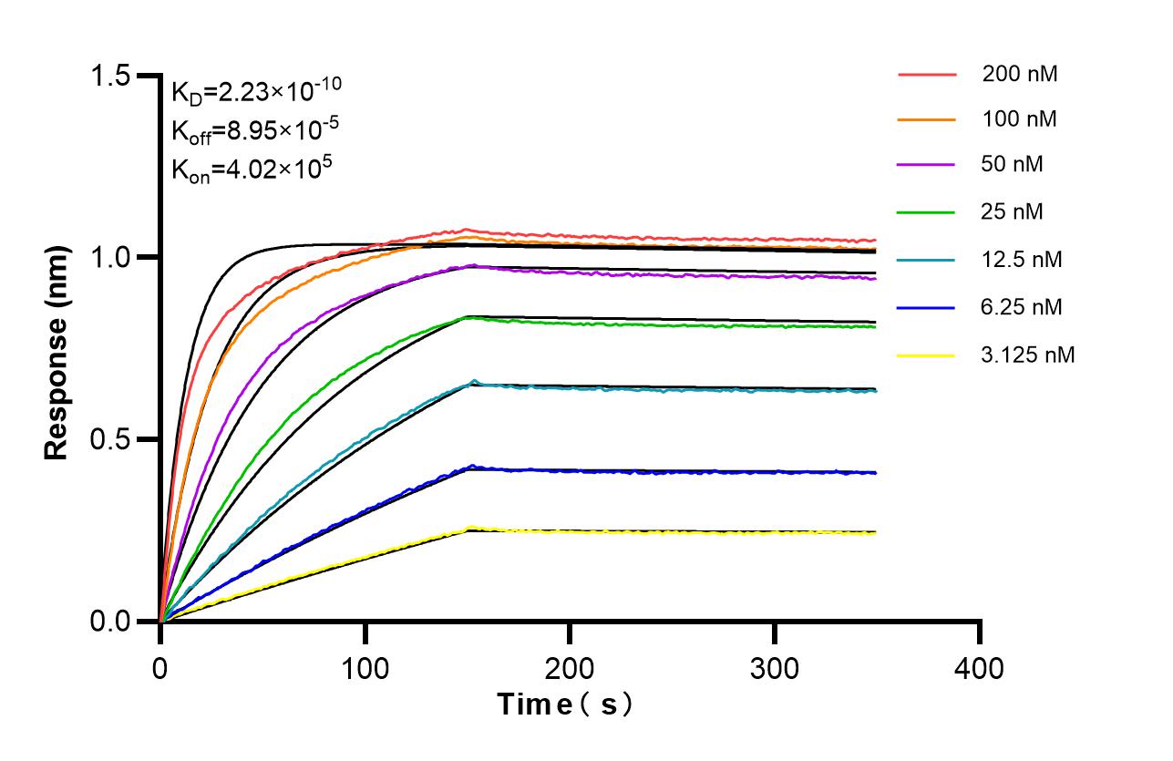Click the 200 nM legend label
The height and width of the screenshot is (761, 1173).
[x=1020, y=75]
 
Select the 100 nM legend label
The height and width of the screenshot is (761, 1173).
[x=1020, y=119]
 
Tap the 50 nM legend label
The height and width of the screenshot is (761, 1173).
[x=1013, y=165]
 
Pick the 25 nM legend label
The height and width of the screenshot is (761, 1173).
[x=1013, y=212]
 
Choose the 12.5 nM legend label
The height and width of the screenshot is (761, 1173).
[x=1022, y=259]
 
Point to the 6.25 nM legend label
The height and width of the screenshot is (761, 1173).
[x=1022, y=307]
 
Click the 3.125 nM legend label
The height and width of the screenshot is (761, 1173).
[x=1028, y=355]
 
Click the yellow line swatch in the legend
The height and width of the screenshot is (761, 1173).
[x=926, y=355]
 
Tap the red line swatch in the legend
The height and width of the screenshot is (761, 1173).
[x=926, y=75]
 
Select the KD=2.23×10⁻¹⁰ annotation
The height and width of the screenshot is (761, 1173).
[x=256, y=90]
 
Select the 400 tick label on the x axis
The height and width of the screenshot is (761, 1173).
[x=980, y=668]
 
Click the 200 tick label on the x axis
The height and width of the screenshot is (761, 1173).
[x=570, y=668]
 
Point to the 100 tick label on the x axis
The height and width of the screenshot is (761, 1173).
[x=365, y=668]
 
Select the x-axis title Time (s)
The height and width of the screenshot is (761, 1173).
[x=564, y=704]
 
